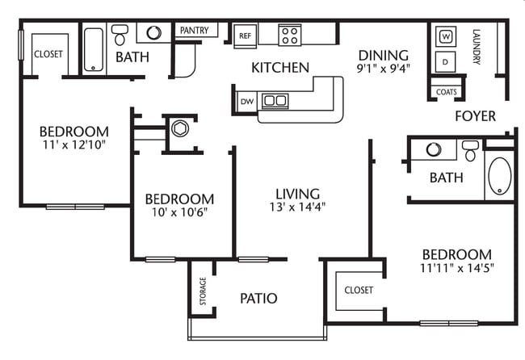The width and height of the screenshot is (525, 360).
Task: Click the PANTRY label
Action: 194,31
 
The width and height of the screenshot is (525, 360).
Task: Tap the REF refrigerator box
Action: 245,36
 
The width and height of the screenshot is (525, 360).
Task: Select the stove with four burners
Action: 289,35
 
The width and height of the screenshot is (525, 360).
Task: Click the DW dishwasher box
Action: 246,101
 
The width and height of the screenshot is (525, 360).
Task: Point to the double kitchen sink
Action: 275,101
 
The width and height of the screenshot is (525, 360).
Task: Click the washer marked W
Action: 446,36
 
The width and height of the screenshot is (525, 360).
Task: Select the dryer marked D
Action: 446,61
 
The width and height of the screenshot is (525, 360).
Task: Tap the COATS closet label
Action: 446,92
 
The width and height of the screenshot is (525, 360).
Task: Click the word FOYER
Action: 475,116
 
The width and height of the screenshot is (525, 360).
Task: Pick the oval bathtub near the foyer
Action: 500,178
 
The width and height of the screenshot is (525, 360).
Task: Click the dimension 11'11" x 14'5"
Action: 456,267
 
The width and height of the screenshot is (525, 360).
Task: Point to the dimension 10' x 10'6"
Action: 179,213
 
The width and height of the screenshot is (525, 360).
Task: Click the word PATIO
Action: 258,299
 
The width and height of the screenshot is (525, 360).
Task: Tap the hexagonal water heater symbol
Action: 179,128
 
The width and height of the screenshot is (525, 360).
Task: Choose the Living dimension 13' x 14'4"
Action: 298,207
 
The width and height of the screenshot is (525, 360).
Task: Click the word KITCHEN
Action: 280,67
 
